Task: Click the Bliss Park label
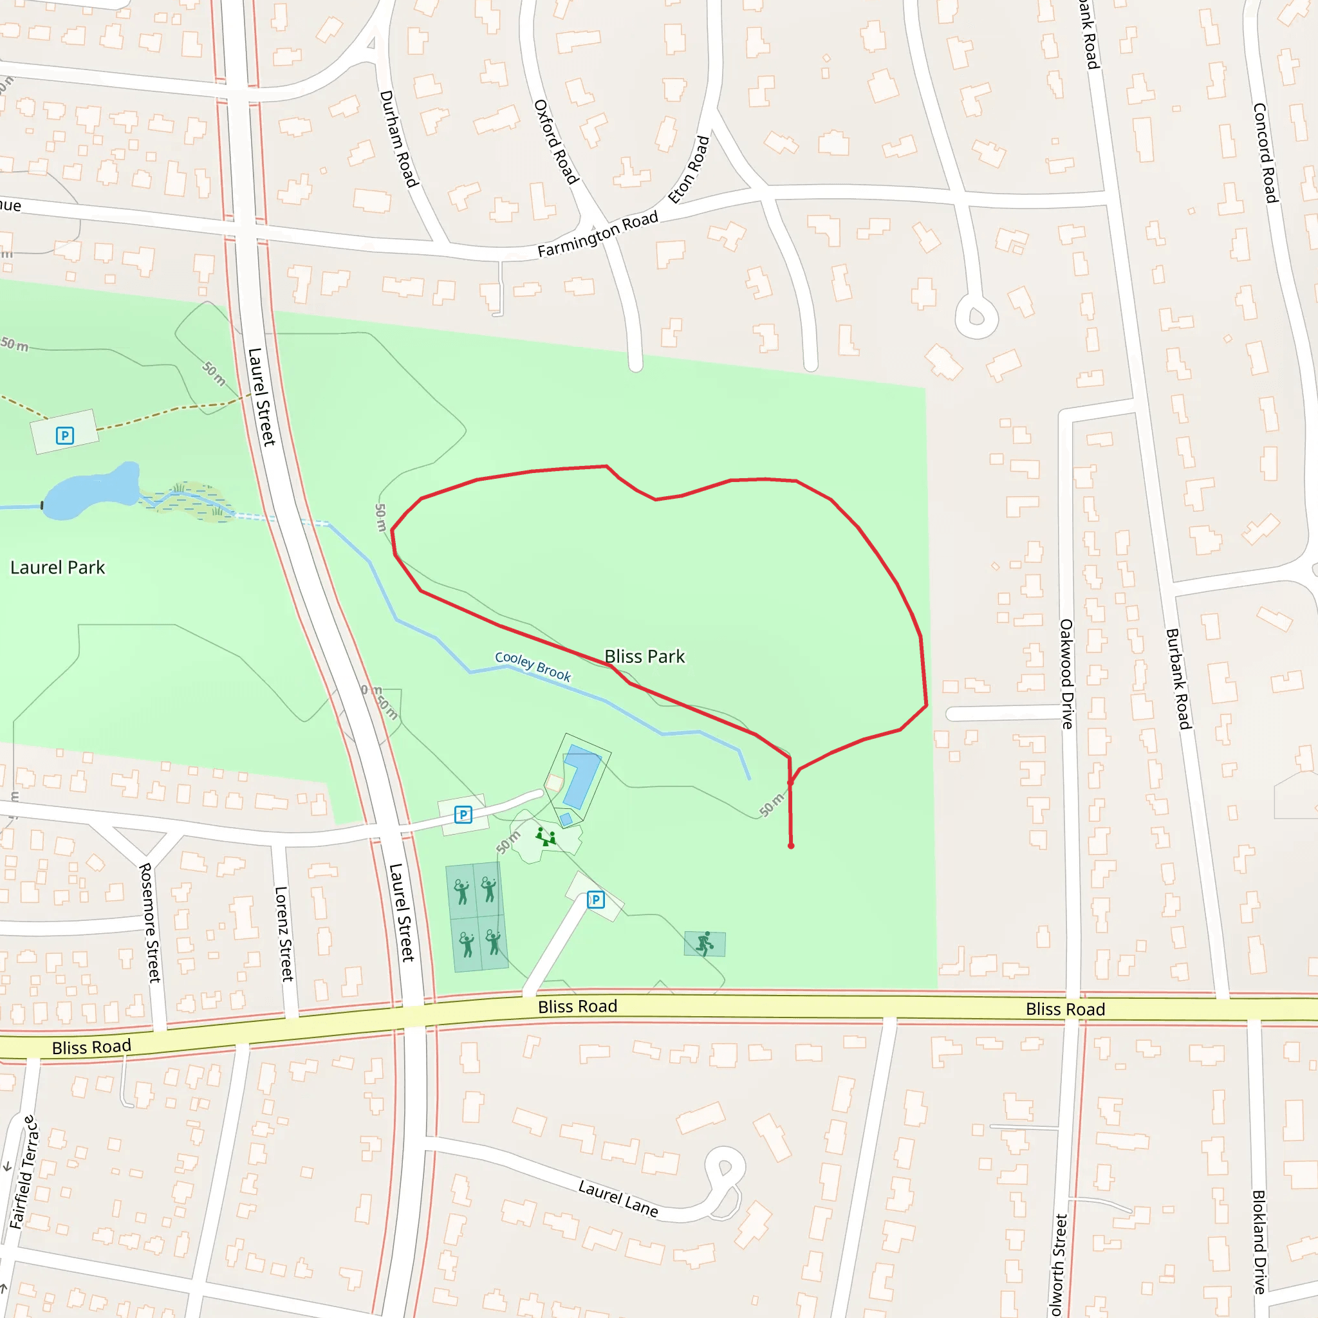(x=644, y=656)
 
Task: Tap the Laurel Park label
(x=57, y=568)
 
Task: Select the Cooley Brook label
(x=533, y=667)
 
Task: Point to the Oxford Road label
(x=556, y=141)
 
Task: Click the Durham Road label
(x=398, y=138)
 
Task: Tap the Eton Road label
(x=689, y=170)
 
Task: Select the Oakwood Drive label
(x=1066, y=673)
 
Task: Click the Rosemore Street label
(x=149, y=922)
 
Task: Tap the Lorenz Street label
(x=283, y=933)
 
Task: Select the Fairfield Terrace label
(x=22, y=1172)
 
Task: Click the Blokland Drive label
(x=1259, y=1241)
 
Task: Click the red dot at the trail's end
(x=791, y=846)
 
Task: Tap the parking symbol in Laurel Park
(x=65, y=435)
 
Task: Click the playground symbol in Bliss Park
(x=545, y=837)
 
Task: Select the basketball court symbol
(x=705, y=944)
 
